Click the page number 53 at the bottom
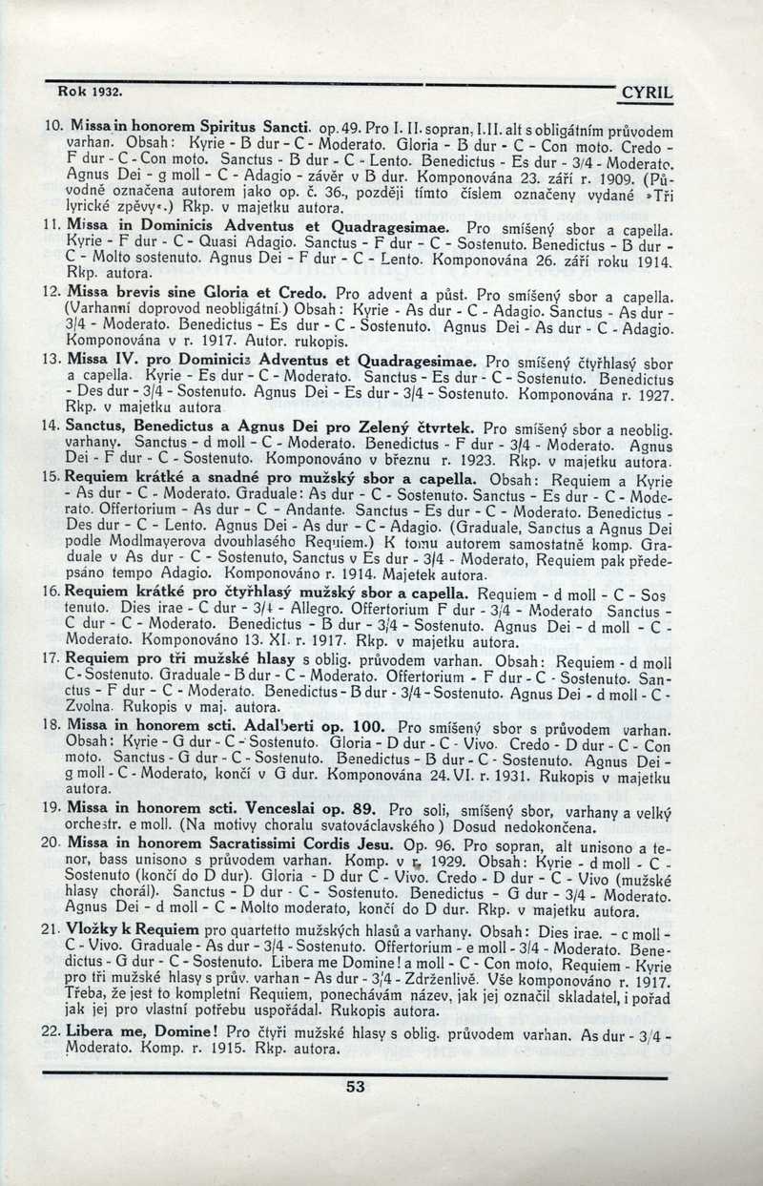click(356, 1086)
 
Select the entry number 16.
click(54, 593)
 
